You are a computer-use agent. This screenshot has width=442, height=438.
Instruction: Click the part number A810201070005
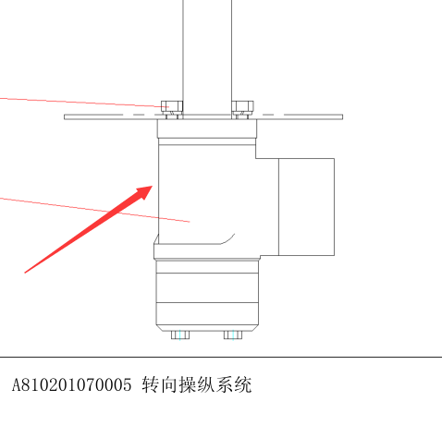coord(71,385)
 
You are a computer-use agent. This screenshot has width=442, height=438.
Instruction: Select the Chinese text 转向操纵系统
coord(197,385)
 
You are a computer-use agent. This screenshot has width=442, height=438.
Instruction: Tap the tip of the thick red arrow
coord(153,186)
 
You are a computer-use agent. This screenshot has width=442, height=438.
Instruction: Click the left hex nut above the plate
coord(172,107)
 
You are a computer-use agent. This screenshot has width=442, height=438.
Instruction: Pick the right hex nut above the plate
coord(242,107)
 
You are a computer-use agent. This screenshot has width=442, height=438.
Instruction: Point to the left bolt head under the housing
coord(180,335)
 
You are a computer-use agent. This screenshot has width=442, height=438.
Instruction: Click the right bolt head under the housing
coord(233,335)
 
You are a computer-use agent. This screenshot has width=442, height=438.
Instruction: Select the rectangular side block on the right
coord(306,207)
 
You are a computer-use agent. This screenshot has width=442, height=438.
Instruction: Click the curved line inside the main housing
coord(228,239)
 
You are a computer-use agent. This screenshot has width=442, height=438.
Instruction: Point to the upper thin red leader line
coord(84,103)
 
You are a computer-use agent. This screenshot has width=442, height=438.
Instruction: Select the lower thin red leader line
coord(94,210)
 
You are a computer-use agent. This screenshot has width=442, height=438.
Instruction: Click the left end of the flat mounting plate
coord(65,117)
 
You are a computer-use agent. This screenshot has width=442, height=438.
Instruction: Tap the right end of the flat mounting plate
coord(342,117)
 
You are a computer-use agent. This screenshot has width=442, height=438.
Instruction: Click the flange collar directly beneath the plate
coord(207,128)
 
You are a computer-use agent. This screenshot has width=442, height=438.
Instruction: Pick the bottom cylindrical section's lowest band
coord(207,313)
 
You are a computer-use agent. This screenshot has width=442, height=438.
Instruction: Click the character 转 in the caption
coord(151,385)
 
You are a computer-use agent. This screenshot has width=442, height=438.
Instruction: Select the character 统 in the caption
coord(243,385)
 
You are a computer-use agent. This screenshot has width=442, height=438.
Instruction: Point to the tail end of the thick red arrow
coord(25,273)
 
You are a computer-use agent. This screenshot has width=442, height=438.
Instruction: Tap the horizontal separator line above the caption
coord(221,358)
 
